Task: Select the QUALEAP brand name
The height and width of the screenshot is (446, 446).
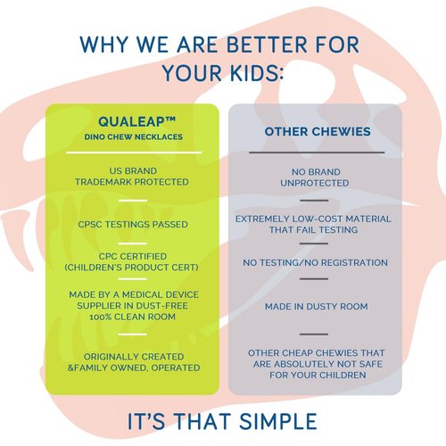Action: pos(131,121)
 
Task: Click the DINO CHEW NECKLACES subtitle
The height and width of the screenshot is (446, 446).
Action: pos(134,137)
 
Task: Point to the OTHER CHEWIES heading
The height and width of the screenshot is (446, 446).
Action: pos(318,131)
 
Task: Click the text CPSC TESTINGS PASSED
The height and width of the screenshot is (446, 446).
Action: pos(133,224)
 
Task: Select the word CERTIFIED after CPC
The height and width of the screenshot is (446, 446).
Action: pos(144,256)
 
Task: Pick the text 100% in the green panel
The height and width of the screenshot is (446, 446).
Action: pos(101,317)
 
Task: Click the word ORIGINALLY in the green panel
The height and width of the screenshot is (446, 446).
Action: pos(108,357)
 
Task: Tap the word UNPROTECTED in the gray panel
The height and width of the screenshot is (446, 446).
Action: pos(315,183)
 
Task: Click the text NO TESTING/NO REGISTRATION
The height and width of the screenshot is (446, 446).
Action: pos(315,263)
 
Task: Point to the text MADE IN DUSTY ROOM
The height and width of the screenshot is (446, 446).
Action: pos(317,307)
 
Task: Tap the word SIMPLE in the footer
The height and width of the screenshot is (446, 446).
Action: pos(278,421)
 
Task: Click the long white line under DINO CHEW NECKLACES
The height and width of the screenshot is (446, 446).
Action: pos(134,153)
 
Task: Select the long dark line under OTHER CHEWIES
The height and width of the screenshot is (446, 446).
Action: pos(317,153)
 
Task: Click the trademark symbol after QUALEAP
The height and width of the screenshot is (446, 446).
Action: pos(170,120)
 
